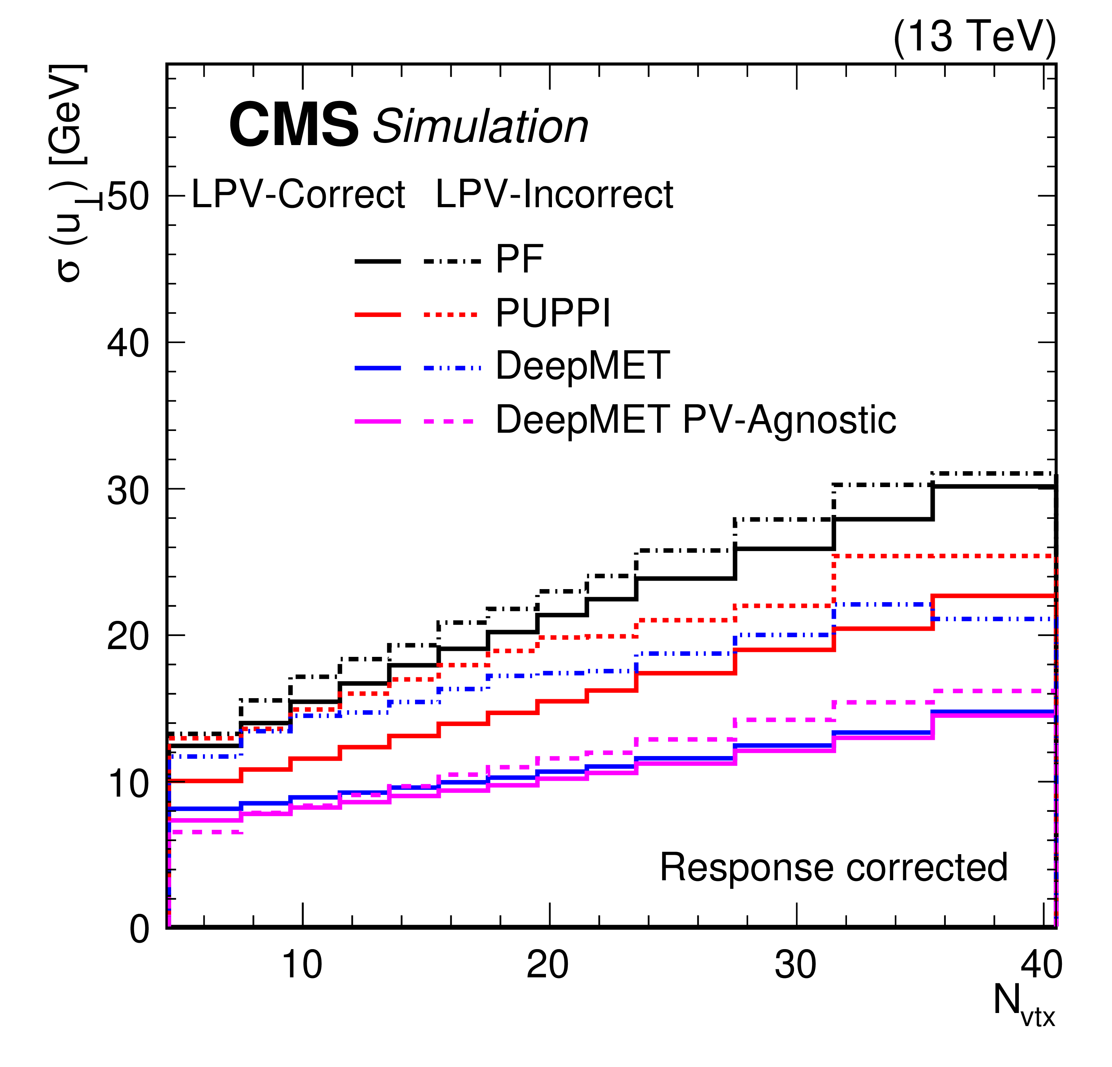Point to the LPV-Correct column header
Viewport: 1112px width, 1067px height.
point(299,195)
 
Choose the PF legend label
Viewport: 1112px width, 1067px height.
point(519,259)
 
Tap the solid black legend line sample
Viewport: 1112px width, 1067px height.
point(378,261)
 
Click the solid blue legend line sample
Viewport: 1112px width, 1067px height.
point(378,368)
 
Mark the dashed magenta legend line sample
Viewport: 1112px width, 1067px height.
point(448,422)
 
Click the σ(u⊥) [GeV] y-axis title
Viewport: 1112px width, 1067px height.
point(69,173)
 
